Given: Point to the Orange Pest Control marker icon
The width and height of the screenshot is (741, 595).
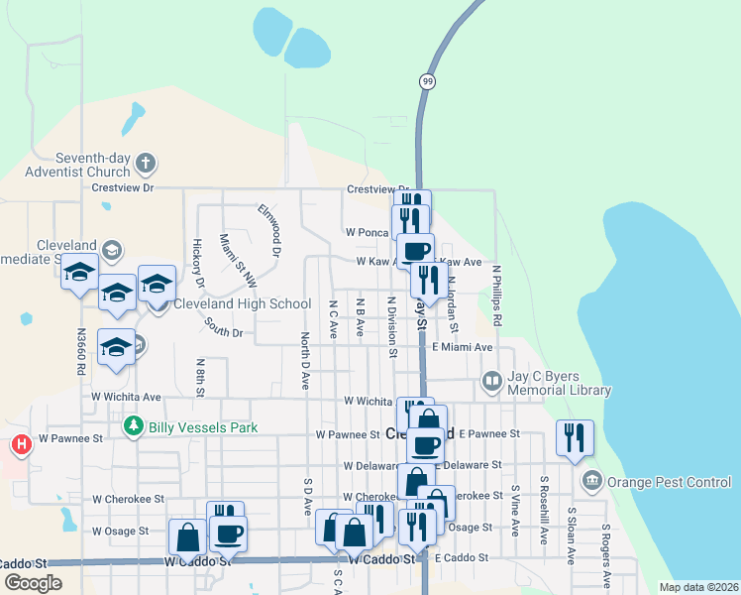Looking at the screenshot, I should (592, 482).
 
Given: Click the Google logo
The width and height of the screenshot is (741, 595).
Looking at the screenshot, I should (32, 583).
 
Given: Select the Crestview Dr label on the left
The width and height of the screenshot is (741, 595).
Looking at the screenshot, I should (123, 186).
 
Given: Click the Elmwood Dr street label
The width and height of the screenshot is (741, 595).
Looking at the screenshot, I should (269, 223).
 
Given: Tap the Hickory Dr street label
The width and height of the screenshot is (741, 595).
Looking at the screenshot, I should (198, 264).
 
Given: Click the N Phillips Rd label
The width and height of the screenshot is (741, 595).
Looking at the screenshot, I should (496, 297).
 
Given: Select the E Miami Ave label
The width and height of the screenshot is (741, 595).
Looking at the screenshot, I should (463, 347).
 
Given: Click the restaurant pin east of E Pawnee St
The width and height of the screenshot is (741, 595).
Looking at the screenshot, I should (576, 437).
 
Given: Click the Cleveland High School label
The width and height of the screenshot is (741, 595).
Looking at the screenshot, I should (243, 304).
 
